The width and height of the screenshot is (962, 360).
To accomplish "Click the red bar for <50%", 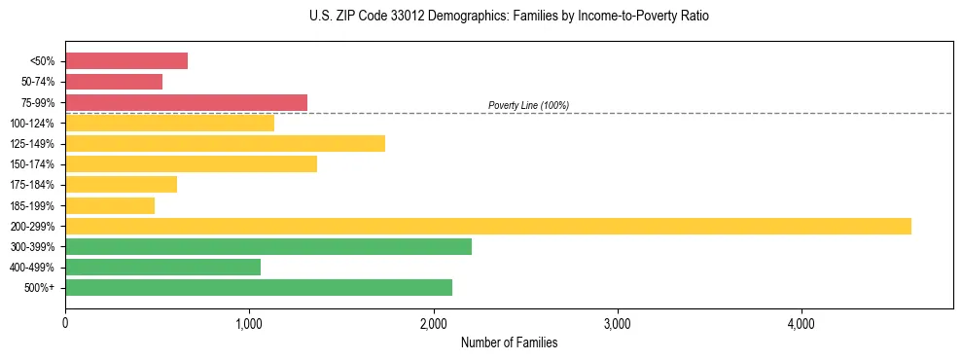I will (126, 61).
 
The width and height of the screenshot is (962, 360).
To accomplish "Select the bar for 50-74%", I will (114, 82).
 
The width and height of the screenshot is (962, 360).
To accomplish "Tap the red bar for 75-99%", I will (186, 102).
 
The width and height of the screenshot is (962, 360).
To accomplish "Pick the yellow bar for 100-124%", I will (169, 123).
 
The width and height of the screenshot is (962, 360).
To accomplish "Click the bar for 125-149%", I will (225, 143).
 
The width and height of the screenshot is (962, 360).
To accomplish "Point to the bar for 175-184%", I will (121, 185).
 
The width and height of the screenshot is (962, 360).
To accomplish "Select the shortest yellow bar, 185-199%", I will (110, 205).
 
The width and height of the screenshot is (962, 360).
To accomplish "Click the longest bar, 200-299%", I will (488, 226).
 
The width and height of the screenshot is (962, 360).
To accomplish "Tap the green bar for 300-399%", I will (268, 246).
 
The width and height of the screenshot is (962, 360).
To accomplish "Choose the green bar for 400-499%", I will (162, 267).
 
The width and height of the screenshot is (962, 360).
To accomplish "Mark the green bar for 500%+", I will (259, 287).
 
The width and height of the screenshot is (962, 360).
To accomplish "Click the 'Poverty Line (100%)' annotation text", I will (528, 105).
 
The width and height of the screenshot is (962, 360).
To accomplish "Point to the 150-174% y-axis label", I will (32, 164).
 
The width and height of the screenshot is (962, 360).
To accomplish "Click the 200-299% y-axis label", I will (32, 226).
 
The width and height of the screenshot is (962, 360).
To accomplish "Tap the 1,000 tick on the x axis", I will (249, 322).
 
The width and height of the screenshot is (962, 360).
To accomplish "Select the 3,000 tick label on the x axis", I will (618, 322).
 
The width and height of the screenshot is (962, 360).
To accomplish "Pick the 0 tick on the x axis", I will (65, 322).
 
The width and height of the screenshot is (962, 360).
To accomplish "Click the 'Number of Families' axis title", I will (509, 342).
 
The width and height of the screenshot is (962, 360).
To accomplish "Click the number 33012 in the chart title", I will (400, 17).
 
